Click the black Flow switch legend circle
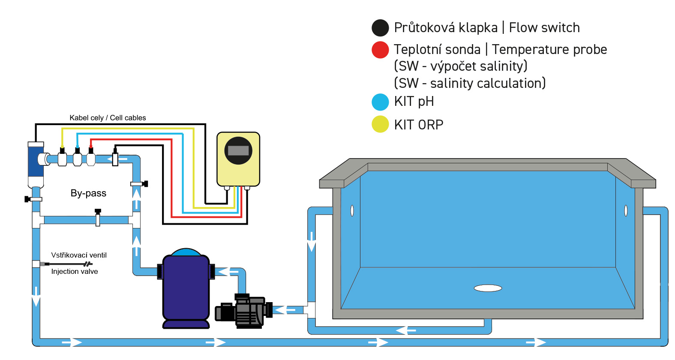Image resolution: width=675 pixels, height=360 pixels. [x=380, y=28]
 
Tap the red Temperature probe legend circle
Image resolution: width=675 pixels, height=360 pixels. [x=380, y=50]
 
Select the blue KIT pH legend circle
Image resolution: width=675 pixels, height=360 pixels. [x=380, y=102]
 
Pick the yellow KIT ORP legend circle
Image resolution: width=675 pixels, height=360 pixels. [x=380, y=124]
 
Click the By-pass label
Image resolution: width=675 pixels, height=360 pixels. [x=88, y=193]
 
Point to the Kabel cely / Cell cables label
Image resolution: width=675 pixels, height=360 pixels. [x=108, y=118]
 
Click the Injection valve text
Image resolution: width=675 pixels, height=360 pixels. [x=75, y=272]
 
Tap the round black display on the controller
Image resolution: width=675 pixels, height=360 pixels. [x=238, y=150]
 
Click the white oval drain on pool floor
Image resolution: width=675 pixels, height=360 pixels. [x=488, y=288]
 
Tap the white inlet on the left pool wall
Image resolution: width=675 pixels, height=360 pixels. [x=352, y=210]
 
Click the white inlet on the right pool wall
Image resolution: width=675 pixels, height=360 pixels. [x=626, y=210]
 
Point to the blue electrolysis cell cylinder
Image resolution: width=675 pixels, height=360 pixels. [x=36, y=161]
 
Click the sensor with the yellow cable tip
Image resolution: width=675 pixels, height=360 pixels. [x=62, y=158]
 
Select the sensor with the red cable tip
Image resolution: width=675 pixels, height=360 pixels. [x=91, y=158]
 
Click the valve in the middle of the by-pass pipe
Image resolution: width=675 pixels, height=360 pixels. [x=98, y=218]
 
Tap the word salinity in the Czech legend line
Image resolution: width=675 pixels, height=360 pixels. [x=501, y=66]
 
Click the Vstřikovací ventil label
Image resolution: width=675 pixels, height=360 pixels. [x=79, y=255]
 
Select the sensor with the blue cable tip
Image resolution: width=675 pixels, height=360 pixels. [x=77, y=158]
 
